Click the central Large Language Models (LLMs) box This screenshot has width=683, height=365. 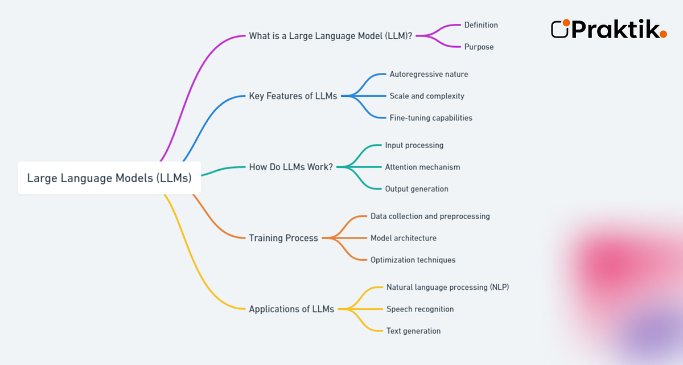pos(109,178)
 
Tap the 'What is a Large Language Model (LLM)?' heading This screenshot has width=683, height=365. pos(331,36)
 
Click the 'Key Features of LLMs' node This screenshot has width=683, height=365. pos(293,96)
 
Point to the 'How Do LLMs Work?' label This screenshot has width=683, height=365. pos(291,167)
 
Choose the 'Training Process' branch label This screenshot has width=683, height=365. pos(283,238)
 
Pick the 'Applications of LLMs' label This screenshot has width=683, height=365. pos(291,309)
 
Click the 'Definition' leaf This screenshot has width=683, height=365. pos(481,25)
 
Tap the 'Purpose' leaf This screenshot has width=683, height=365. pos(479,47)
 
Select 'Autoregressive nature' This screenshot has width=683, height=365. pos(429,74)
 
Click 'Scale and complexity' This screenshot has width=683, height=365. pos(427,96)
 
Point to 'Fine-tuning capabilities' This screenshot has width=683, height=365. pos(431,118)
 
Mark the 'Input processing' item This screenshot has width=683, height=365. pos(414,145)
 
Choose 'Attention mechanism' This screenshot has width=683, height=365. pos(422,167)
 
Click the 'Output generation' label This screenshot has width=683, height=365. pos(417,188)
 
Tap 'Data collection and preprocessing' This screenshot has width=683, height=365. pos(430,216)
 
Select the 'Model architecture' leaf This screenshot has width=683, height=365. pos(404,238)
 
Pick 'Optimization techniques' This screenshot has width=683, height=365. pos(413,260)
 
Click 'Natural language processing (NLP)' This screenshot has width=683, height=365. pos(447,287)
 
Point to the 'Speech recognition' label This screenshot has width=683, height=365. pos(420,309)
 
